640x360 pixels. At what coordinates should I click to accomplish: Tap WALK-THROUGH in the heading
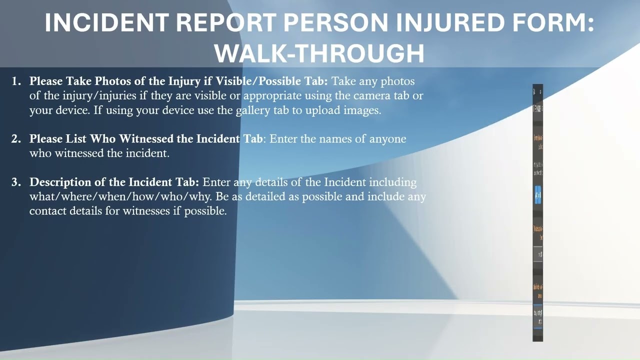pyautogui.click(x=319, y=52)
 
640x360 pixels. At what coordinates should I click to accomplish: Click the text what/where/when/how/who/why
pyautogui.click(x=120, y=196)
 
